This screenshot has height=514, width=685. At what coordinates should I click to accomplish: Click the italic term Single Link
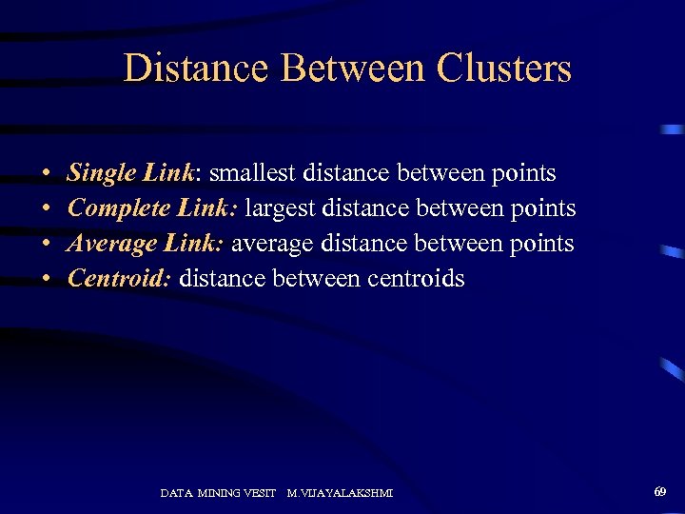[130, 173]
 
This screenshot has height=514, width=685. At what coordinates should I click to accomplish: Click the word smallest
[254, 173]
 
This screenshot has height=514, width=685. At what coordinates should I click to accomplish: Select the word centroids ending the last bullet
[416, 278]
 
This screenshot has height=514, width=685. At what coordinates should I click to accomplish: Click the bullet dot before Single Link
[47, 175]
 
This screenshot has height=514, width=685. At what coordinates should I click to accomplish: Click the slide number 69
[659, 491]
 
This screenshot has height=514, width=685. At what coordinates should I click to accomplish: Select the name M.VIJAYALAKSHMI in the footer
[340, 493]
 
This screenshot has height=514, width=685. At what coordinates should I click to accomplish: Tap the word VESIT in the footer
[259, 493]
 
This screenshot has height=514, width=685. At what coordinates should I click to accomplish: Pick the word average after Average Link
[272, 244]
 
